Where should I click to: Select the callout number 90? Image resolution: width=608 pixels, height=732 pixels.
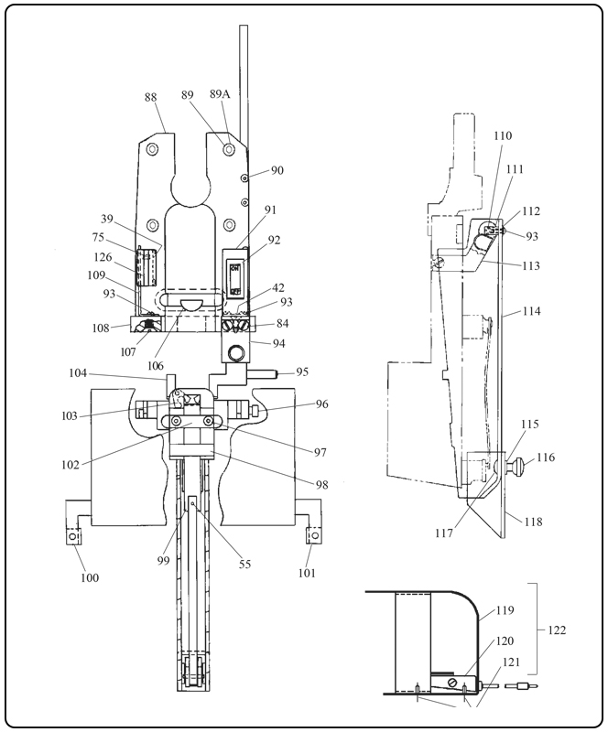[x=277, y=170]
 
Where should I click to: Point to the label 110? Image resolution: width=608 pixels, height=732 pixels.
[x=503, y=135]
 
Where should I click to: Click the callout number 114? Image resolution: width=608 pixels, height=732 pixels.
[x=531, y=311]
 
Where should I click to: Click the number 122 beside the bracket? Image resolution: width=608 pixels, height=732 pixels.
[x=558, y=630]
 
